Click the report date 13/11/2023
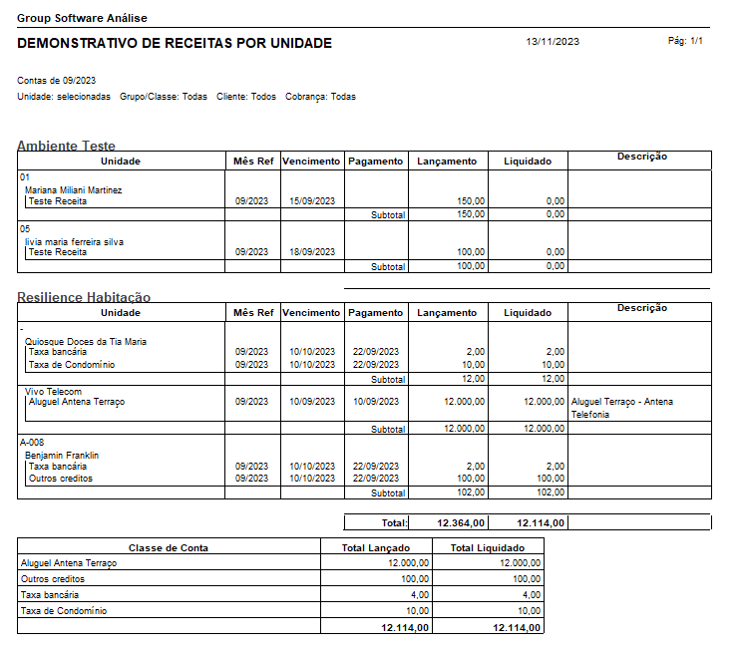pos(553,42)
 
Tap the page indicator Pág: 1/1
pos(685,41)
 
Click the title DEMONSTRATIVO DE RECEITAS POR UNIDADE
pos(175,44)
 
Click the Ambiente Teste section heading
pos(66,146)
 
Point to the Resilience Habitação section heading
pos(84,297)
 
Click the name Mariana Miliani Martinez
pos(73,189)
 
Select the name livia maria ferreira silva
pos(74,241)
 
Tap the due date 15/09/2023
pos(310,201)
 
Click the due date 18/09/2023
pos(310,252)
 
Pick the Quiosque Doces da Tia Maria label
pos(86,341)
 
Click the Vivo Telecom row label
pos(54,392)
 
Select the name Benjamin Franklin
pos(62,456)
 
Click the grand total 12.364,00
pos(461,522)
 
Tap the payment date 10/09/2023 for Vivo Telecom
pos(375,402)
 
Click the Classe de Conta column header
pos(168,547)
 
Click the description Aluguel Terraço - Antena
pos(621,402)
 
